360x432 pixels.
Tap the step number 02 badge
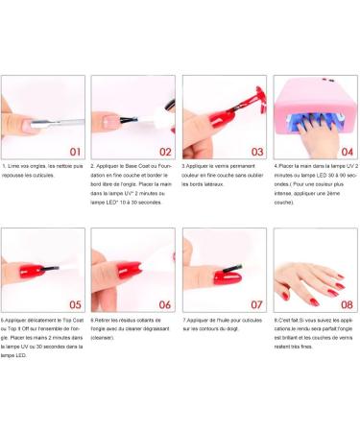click(163, 150)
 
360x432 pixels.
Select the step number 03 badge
click(255, 150)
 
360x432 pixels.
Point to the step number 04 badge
click(347, 150)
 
